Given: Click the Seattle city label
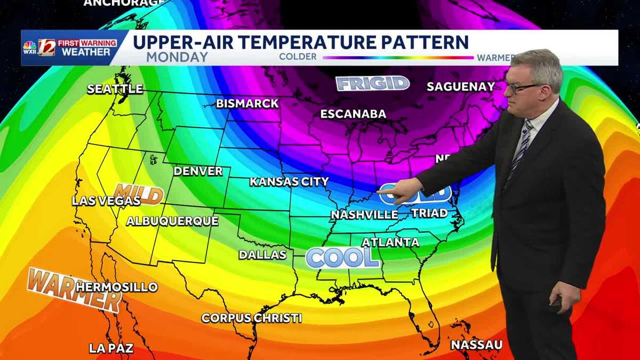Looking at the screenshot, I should (115, 89).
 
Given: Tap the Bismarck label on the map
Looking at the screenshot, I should (247, 103).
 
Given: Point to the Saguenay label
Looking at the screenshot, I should (461, 86).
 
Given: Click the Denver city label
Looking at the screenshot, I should (198, 171).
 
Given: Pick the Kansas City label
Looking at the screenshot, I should (289, 182).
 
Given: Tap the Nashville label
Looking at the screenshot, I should (364, 215).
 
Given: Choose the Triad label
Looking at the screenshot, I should (429, 213).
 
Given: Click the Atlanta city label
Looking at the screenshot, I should (390, 242).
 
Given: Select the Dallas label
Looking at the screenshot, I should (262, 255).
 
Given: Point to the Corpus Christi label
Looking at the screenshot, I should (252, 318).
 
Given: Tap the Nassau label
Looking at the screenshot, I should (476, 345).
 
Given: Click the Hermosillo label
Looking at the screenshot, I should (117, 287).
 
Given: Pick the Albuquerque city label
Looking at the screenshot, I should (172, 221).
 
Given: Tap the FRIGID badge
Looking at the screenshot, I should (372, 83).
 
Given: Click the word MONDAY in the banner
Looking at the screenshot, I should (177, 57).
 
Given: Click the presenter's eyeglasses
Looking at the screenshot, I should (523, 86).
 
